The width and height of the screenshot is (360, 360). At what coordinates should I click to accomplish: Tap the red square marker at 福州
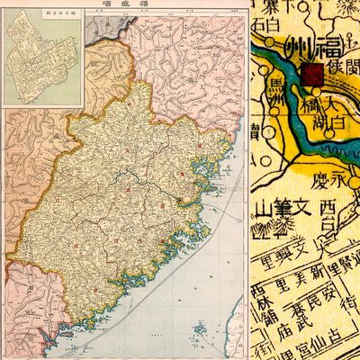pos(312,75)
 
